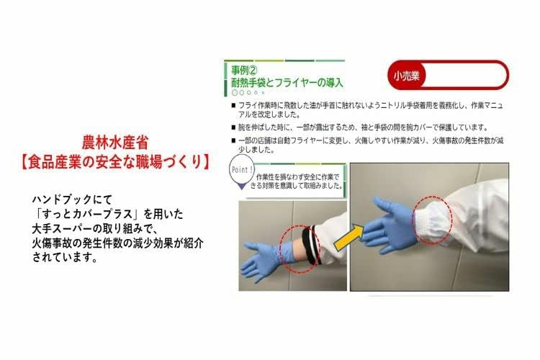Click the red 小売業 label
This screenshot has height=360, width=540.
click(x=405, y=74)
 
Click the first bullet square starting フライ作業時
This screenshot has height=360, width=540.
click(x=233, y=105)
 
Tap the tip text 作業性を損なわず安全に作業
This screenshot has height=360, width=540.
click(x=297, y=174)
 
